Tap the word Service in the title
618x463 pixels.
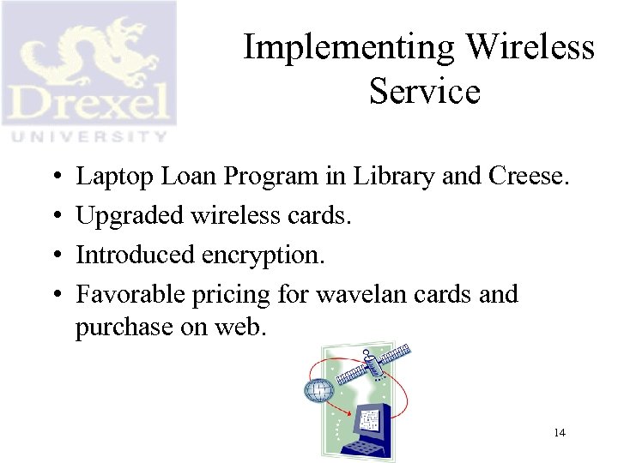tap(424, 91)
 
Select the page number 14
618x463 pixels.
tap(559, 432)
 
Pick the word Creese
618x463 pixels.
tap(528, 177)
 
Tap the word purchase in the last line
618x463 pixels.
tap(126, 328)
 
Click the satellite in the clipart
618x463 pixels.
tap(385, 364)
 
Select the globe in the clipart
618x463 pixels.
tap(318, 391)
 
